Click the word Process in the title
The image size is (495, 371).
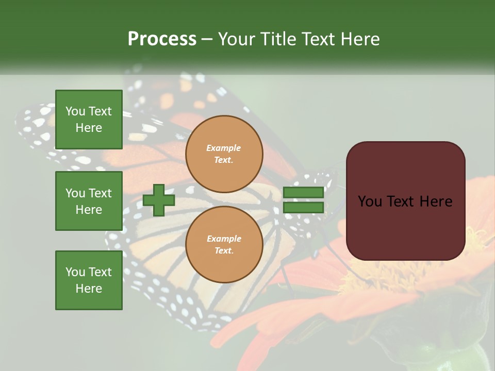click(162, 39)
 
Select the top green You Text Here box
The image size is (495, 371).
click(89, 120)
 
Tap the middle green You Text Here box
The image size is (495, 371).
click(89, 201)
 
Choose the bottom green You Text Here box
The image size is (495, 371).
click(89, 280)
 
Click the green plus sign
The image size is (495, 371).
click(159, 200)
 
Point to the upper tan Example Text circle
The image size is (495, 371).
click(224, 154)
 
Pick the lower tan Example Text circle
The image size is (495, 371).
click(224, 245)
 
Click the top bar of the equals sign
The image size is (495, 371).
click(304, 193)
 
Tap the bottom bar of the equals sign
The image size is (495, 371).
click(304, 208)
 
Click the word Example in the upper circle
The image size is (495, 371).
click(223, 148)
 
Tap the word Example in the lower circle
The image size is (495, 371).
click(224, 239)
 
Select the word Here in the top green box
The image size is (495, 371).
click(89, 128)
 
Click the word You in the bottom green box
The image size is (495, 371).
click(75, 272)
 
